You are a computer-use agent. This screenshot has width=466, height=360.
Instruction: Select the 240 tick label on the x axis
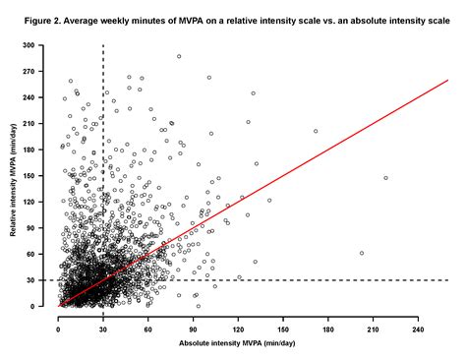point(418,327)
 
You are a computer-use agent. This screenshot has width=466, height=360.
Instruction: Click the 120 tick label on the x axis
point(239,327)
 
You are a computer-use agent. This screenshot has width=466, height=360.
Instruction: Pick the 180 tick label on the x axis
point(328,327)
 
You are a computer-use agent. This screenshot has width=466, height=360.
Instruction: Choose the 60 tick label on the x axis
point(148,327)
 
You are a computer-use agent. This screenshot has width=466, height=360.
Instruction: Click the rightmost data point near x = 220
point(385,178)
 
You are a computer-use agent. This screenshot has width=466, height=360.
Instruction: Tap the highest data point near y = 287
point(179,56)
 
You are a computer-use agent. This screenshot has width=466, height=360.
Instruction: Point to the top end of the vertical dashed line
point(103,45)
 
